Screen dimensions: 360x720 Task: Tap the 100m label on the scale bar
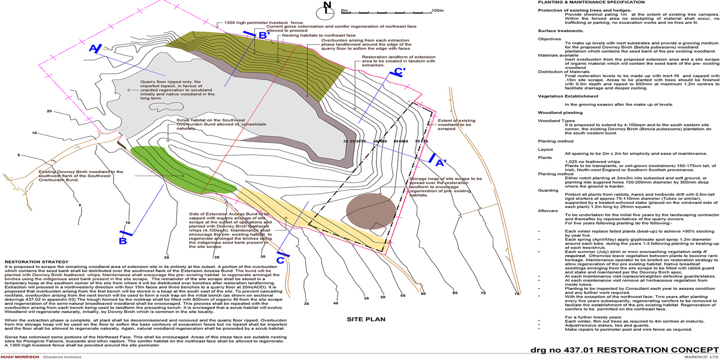tap(437, 10)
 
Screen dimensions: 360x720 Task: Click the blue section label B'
tap(264, 35)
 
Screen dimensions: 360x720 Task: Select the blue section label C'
tap(400, 72)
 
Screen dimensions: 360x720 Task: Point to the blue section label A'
tap(441, 162)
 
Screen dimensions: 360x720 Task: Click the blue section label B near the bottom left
tap(123, 241)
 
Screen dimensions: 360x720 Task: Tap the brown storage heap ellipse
tap(371, 211)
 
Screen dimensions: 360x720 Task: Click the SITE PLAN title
tap(366, 319)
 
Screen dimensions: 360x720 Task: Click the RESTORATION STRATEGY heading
tap(36, 261)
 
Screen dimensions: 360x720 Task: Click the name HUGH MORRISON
tap(20, 357)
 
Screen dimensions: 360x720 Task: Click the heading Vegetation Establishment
tap(568, 96)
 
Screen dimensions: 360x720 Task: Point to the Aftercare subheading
tap(548, 211)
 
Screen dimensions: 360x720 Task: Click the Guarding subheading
tap(548, 190)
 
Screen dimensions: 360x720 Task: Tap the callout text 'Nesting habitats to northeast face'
tap(319, 35)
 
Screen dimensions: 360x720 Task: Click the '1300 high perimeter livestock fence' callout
tap(264, 22)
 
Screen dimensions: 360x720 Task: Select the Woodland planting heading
tap(560, 112)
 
